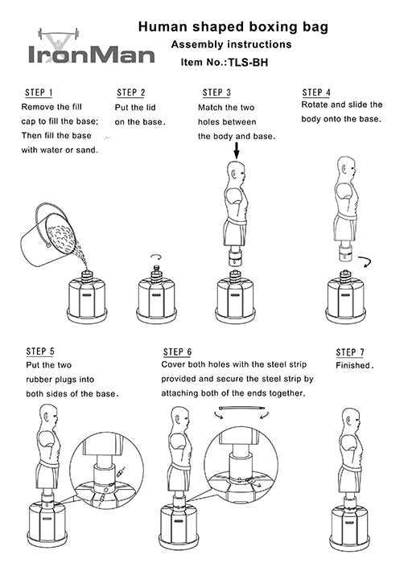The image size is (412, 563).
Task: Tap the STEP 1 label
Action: (39, 92)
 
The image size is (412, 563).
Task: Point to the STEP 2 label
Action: (131, 93)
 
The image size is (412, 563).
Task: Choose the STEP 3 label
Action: (216, 92)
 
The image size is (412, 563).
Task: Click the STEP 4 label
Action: (315, 92)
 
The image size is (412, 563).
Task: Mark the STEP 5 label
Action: (40, 351)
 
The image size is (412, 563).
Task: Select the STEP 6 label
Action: (177, 352)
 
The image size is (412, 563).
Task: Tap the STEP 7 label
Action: (350, 352)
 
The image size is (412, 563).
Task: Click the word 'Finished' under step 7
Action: (353, 366)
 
